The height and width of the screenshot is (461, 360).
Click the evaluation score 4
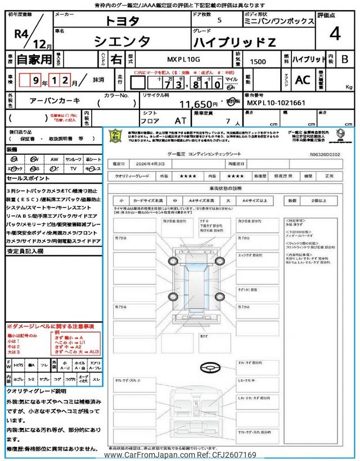coord(335,34)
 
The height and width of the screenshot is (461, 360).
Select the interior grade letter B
coord(344,59)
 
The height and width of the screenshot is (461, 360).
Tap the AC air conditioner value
coord(303,80)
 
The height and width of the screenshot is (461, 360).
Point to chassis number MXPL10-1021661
coord(276,104)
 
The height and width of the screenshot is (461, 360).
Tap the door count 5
coord(219,21)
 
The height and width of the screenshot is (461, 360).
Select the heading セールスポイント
coord(28,177)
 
